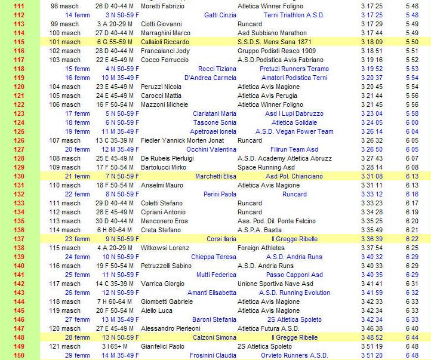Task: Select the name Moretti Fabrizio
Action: click(x=162, y=6)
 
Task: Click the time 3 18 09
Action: click(x=371, y=42)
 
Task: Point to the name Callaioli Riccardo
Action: click(x=165, y=42)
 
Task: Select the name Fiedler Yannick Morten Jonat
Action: click(x=180, y=140)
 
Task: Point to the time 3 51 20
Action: click(x=371, y=355)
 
